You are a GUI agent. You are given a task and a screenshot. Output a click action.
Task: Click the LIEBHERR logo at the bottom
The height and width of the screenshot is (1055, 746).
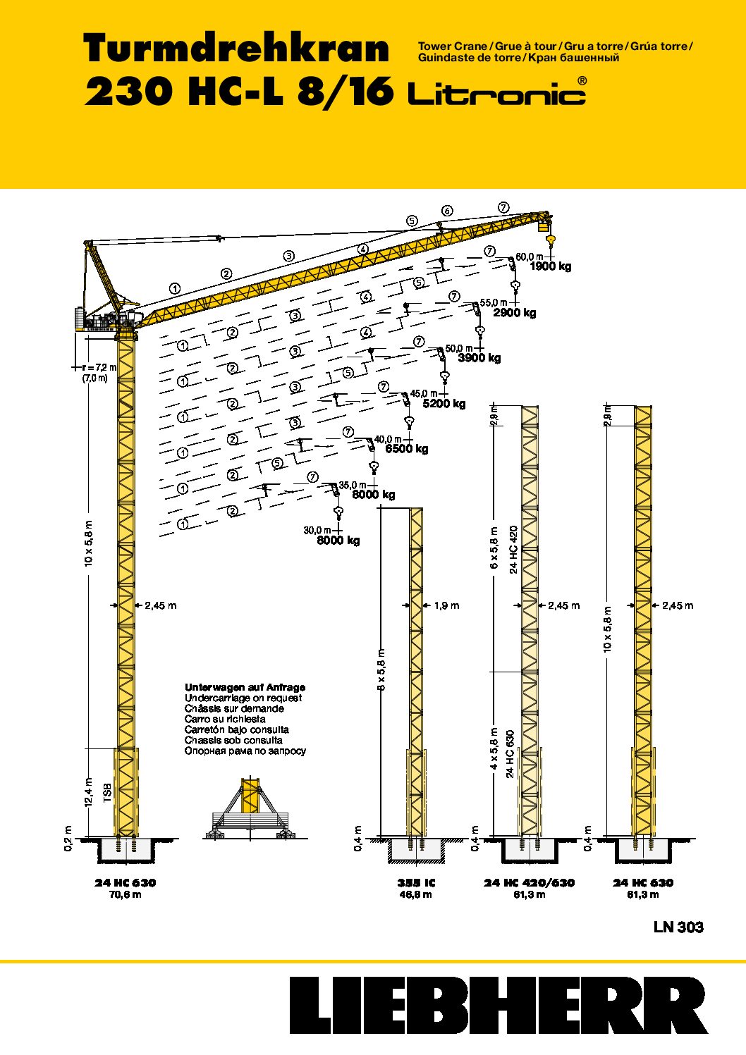point(498,1005)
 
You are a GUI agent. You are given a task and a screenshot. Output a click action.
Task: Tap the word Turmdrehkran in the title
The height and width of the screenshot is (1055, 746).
point(236,49)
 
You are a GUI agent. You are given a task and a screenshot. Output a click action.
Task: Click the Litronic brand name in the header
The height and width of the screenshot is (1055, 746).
point(496,93)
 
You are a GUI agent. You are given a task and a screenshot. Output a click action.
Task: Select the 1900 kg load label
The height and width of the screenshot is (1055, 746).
point(550,266)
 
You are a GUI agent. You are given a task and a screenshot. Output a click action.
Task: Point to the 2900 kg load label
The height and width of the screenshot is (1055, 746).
point(514,312)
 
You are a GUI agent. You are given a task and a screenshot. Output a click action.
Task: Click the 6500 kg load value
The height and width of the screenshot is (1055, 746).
point(406,449)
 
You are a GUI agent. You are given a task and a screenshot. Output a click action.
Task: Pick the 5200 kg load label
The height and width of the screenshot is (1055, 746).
point(444,404)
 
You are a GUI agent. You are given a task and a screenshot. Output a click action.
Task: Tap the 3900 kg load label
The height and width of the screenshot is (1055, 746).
point(479,358)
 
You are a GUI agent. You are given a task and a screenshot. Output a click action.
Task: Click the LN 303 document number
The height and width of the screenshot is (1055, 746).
point(678,927)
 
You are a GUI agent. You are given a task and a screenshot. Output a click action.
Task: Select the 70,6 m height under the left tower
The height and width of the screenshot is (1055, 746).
point(126,895)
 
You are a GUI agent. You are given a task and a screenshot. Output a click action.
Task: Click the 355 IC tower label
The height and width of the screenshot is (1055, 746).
point(416,883)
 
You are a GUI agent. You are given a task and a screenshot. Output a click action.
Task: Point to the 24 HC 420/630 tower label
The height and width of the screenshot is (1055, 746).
point(529,883)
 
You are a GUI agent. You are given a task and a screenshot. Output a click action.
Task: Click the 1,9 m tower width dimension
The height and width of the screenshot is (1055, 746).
point(446,605)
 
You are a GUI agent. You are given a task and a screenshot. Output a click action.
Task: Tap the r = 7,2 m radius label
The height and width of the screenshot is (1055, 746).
point(99,367)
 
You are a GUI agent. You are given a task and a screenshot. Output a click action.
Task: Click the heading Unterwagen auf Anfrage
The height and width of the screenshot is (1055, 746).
point(245,687)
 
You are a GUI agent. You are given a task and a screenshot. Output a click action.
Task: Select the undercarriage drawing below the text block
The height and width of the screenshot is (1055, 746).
point(250,810)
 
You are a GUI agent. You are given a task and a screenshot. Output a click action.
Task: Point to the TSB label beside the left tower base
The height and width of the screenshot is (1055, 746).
point(107,792)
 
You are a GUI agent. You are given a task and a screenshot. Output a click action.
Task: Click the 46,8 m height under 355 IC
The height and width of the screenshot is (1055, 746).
point(416,895)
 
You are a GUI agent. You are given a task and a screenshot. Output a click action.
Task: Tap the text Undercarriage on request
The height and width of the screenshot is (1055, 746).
point(243,698)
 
